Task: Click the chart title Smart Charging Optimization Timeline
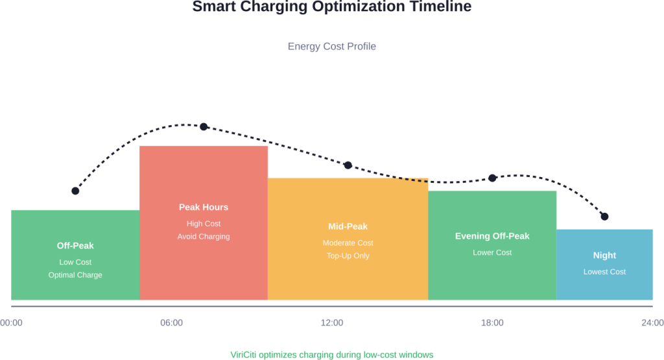(331, 6)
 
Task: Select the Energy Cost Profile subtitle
(331, 47)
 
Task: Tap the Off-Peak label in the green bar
(75, 246)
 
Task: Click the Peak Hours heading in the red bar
(204, 207)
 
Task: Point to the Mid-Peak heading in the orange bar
(348, 226)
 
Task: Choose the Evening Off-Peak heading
(492, 236)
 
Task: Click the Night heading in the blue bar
(604, 256)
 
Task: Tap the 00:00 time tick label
(11, 322)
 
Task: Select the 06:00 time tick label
(171, 322)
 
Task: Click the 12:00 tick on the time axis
(332, 322)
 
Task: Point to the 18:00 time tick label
(492, 322)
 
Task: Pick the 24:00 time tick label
(652, 322)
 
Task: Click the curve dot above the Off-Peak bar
(75, 191)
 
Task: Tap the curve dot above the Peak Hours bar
(204, 126)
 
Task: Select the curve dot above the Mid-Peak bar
(348, 165)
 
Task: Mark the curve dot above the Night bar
(604, 216)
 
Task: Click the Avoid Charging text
(204, 237)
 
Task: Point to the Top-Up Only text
(348, 256)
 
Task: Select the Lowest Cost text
(604, 272)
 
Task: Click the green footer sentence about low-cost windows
(331, 355)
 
